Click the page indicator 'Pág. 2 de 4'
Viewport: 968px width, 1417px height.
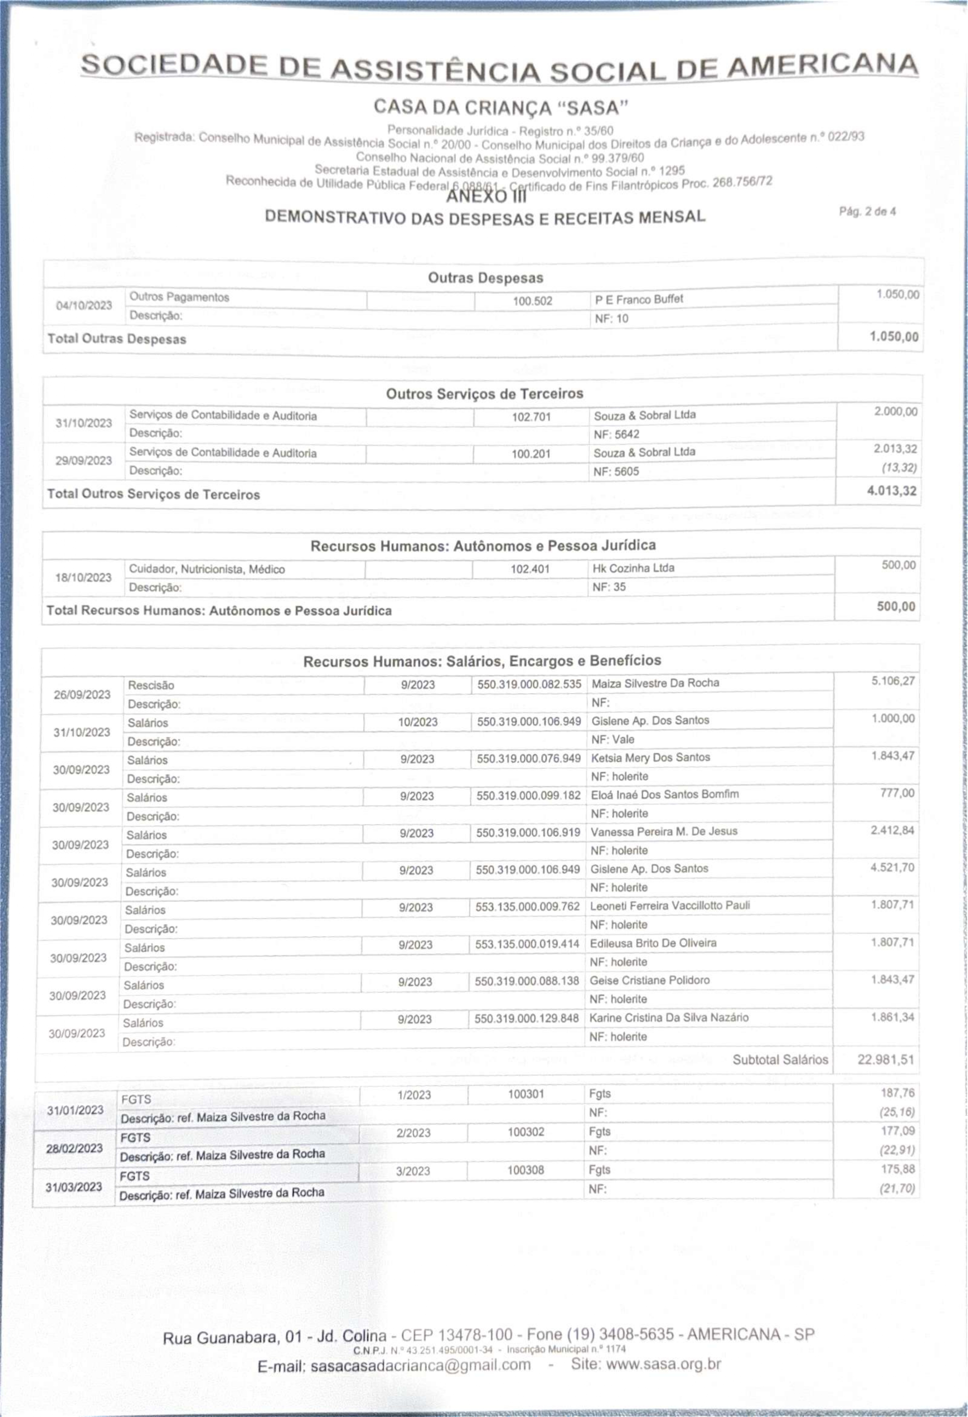[x=867, y=212]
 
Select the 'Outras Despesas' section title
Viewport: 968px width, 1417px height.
[x=485, y=278]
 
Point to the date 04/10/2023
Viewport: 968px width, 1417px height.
[x=84, y=305]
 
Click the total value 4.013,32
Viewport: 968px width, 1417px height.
[x=891, y=491]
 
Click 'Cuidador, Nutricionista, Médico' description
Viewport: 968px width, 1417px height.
[x=207, y=569]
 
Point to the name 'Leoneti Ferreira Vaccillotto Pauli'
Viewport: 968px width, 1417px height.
[x=669, y=905]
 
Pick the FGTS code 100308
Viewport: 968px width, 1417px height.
[x=525, y=1170]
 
